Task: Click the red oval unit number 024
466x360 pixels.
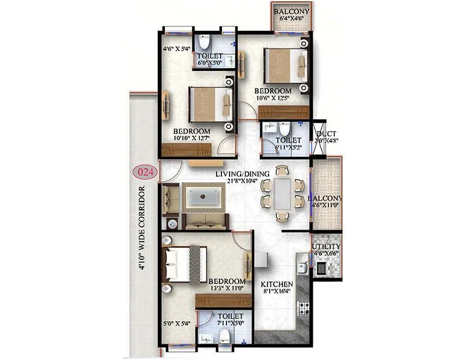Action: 143,172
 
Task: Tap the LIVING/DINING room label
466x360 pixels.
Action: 242,174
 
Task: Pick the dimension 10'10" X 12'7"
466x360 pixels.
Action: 191,138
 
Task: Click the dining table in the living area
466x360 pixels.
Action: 283,193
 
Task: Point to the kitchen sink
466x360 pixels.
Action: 302,267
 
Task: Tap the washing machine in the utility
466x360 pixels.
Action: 321,268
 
